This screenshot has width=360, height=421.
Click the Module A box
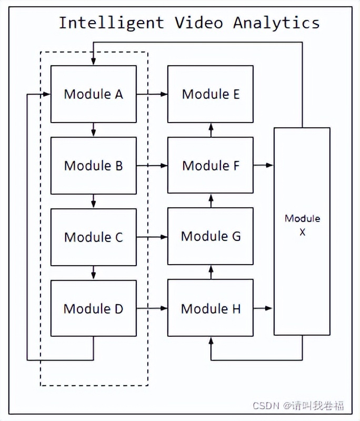coord(93,94)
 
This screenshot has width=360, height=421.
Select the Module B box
coord(93,165)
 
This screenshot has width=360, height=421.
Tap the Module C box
coord(93,237)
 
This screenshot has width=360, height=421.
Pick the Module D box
coord(93,308)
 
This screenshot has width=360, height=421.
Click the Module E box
coord(211,94)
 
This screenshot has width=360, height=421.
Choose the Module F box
coord(211,165)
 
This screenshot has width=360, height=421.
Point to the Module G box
coord(211,237)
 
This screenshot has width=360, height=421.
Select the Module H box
coord(211,308)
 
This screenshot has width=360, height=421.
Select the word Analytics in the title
coord(276,23)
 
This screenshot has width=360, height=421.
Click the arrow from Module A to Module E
coord(152,94)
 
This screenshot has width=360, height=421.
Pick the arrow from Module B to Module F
coord(152,165)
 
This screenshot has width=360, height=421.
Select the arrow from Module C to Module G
coord(152,237)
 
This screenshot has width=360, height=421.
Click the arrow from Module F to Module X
coord(263,165)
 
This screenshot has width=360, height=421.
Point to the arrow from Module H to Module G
coord(211,272)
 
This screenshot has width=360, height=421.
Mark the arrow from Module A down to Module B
coord(93,129)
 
